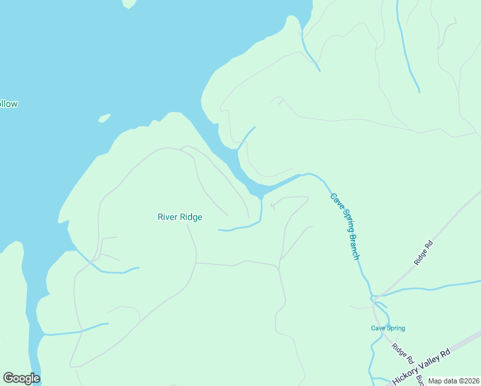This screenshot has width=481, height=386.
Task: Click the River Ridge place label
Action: (x=180, y=217)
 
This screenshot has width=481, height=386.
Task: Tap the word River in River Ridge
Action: (x=168, y=217)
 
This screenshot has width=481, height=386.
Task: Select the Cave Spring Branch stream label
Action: (x=345, y=226)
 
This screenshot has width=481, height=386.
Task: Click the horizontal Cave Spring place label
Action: (x=388, y=328)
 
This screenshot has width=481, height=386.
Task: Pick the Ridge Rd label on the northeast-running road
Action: (x=424, y=253)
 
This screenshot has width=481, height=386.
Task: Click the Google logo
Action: (x=21, y=378)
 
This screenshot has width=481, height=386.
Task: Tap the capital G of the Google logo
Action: (x=9, y=378)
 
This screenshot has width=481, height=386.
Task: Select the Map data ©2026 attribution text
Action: (x=454, y=381)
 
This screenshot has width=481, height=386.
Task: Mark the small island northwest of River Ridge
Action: (x=104, y=118)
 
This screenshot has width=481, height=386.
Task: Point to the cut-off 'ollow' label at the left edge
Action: (x=8, y=104)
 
